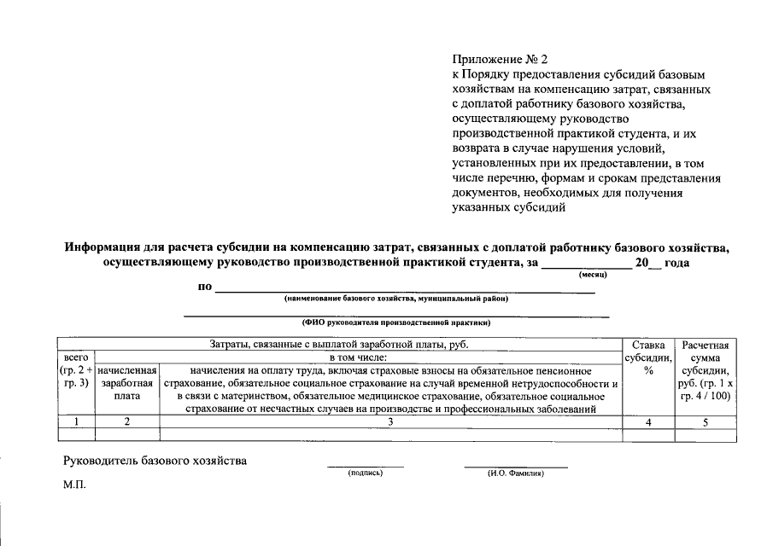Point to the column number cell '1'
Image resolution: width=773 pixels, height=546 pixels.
click(x=76, y=421)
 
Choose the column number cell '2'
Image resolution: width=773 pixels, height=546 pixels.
click(x=127, y=421)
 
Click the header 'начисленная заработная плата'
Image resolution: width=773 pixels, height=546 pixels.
click(x=127, y=384)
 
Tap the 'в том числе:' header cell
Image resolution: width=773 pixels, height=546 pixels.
click(x=358, y=357)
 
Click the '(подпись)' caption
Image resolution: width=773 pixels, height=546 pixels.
click(x=366, y=472)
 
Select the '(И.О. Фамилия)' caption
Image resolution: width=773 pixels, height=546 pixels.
click(x=515, y=472)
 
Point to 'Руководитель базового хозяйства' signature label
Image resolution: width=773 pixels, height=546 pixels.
click(x=155, y=461)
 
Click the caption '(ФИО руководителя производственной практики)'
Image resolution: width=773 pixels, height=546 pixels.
click(x=396, y=323)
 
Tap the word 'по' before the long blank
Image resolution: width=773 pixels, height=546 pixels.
click(x=205, y=287)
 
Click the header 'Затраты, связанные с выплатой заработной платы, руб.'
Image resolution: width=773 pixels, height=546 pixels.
click(x=339, y=344)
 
